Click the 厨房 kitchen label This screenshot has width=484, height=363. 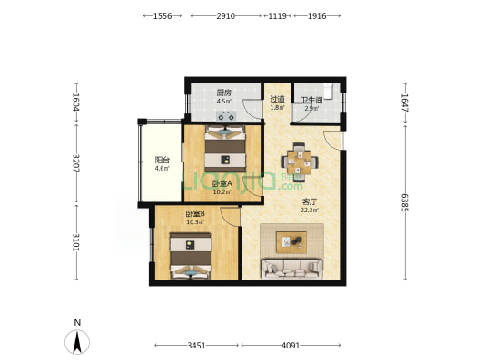click(223, 93)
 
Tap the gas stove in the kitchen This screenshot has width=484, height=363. click(225, 116)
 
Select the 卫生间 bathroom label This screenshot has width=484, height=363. click(311, 100)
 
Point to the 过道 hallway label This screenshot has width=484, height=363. click(277, 99)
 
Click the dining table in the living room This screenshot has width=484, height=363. click(300, 162)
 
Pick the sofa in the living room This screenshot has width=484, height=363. click(291, 270)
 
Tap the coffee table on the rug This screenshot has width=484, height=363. click(291, 242)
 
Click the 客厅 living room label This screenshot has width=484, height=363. click(310, 202)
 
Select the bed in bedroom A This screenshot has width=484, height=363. click(225, 148)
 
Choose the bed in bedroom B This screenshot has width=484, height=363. click(191, 256)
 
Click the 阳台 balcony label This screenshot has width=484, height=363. click(162, 160)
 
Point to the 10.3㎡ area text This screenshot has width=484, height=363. click(194, 221)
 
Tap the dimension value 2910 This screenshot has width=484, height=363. click(225, 16)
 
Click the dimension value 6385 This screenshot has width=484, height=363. click(405, 202)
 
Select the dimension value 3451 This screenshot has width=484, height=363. click(197, 346)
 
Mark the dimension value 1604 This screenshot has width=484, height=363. click(76, 103)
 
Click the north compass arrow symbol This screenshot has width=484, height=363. click(77, 342)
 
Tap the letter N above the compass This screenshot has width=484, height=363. click(77, 322)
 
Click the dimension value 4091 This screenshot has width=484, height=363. click(291, 346)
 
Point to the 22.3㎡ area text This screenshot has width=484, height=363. click(310, 211)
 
